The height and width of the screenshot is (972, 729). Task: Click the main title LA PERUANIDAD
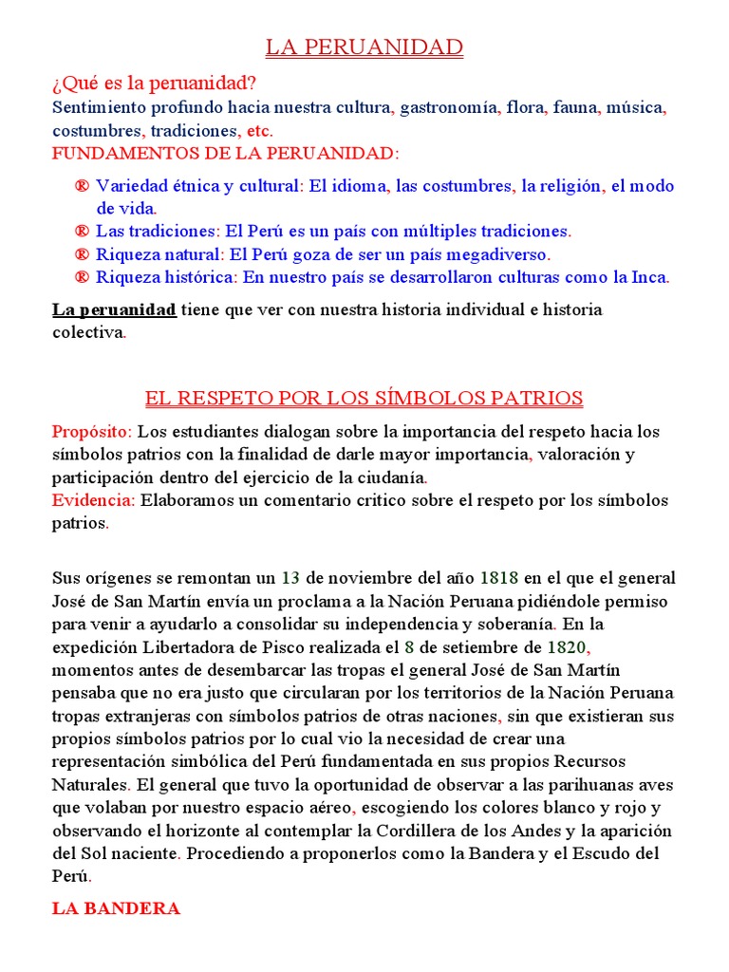coord(364,47)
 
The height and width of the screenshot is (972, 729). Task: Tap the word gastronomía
coord(448,107)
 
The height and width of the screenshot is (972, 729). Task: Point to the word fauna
coord(574,107)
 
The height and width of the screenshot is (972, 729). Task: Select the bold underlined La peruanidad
coord(114,309)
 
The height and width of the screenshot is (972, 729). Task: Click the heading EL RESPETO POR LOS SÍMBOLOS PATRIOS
coord(364,398)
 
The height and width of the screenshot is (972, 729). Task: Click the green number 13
coord(290,577)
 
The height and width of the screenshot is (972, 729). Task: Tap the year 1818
coord(499,577)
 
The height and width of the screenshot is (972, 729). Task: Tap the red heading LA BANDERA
coord(116,908)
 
